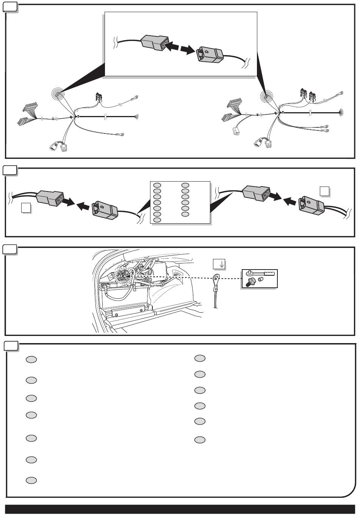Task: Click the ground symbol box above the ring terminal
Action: click(x=219, y=264)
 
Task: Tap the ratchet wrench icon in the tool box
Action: click(x=260, y=273)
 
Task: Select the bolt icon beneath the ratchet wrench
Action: click(x=251, y=282)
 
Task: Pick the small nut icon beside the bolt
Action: click(x=260, y=280)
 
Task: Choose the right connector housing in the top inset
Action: click(x=210, y=54)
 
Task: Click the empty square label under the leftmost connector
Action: click(x=26, y=208)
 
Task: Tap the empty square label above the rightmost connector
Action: click(x=324, y=191)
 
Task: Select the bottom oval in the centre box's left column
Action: click(x=157, y=220)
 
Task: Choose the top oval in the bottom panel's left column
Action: click(x=31, y=360)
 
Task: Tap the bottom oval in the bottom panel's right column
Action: click(x=200, y=440)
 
